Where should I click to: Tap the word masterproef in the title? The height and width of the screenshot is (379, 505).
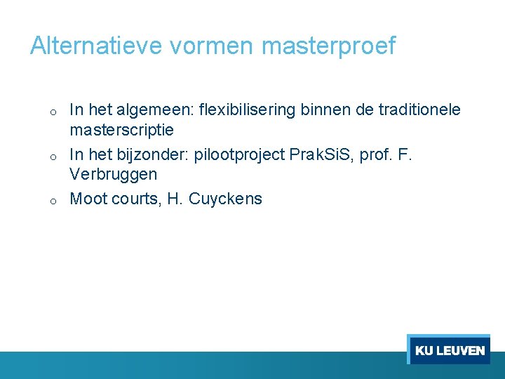tap(328, 46)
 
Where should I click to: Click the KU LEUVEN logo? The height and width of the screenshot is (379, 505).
tap(450, 350)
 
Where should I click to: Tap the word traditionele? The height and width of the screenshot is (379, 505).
tap(419, 109)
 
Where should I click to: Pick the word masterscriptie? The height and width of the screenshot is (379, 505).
tap(121, 131)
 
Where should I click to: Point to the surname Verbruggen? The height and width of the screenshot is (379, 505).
tap(113, 174)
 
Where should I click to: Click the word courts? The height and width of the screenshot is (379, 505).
tap(136, 199)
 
